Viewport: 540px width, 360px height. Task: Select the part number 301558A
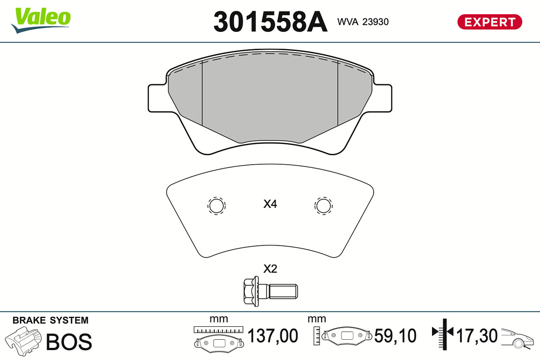pyautogui.click(x=270, y=22)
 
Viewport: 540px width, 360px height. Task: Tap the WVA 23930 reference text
pyautogui.click(x=363, y=22)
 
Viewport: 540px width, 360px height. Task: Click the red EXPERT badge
pyautogui.click(x=490, y=22)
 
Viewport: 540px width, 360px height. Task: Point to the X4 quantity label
pyautogui.click(x=270, y=204)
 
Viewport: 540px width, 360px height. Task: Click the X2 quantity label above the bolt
pyautogui.click(x=270, y=269)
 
